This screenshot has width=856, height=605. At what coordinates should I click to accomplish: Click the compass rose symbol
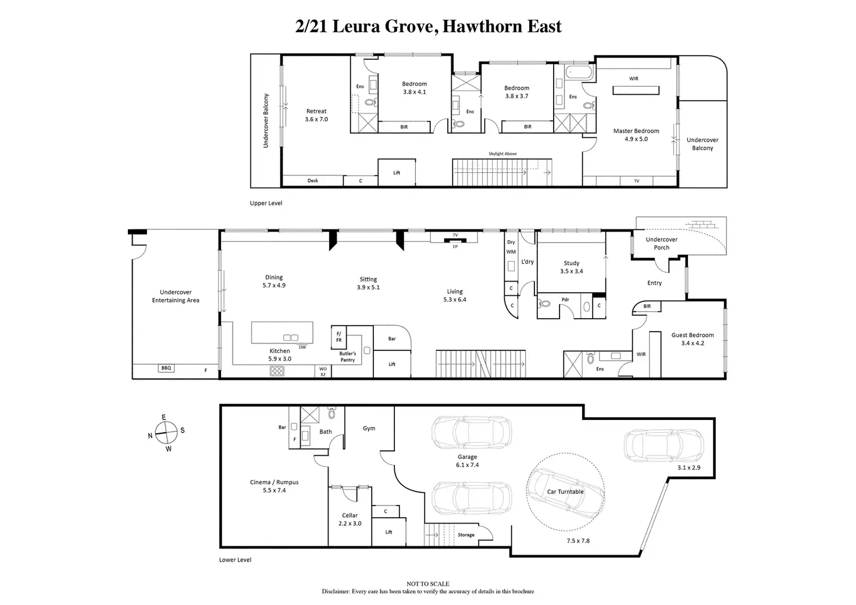click(166, 433)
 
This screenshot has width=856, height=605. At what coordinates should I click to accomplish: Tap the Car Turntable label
click(565, 492)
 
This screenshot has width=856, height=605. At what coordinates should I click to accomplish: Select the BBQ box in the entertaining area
click(166, 368)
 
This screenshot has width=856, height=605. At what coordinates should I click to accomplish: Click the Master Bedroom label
click(636, 131)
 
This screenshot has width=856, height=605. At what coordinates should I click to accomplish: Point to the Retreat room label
click(316, 111)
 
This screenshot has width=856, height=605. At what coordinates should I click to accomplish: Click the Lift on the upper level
click(397, 173)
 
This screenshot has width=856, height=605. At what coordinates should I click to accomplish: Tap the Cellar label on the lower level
click(349, 515)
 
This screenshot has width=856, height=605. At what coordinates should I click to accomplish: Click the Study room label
click(572, 264)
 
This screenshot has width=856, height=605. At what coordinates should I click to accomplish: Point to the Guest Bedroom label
click(693, 336)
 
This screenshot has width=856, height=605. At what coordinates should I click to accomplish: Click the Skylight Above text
click(502, 154)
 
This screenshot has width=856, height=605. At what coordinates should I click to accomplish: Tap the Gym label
click(369, 428)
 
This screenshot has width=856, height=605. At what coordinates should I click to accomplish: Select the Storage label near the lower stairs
click(466, 535)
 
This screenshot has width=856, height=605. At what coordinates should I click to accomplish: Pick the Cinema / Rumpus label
click(274, 482)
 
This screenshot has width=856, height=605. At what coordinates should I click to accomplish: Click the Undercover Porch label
click(662, 243)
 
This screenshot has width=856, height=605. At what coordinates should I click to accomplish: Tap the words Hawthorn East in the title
click(502, 27)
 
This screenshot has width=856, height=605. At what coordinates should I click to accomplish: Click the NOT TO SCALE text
click(427, 583)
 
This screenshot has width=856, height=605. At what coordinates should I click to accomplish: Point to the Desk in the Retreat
click(313, 181)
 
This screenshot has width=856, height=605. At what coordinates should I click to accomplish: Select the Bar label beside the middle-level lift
click(392, 339)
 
